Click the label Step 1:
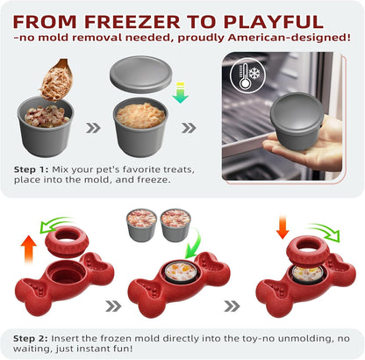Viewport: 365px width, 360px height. tap(36, 167)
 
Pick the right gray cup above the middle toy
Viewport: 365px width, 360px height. tap(175, 225)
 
